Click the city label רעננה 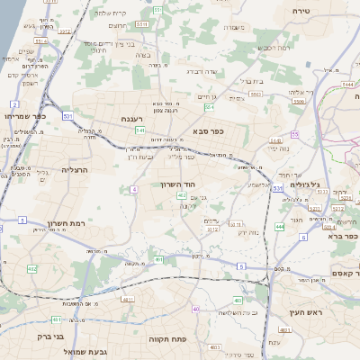[132, 118]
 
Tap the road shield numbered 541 [140, 130]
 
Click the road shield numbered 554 [209, 106]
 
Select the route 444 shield [280, 227]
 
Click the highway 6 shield [303, 238]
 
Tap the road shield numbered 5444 [348, 83]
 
